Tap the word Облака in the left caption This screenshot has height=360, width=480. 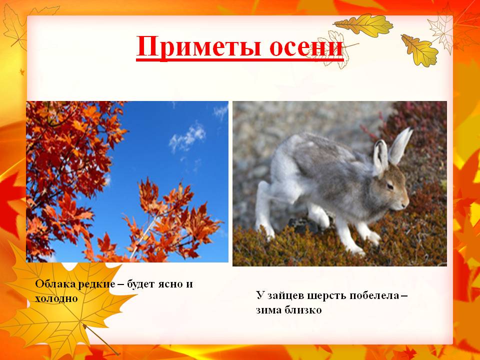[55, 284]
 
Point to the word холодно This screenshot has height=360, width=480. [56, 298]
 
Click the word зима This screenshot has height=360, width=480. [269, 310]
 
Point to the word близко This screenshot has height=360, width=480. [303, 310]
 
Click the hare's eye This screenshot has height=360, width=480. [390, 186]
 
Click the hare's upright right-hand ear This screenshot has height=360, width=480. [400, 145]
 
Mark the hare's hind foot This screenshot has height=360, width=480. [263, 225]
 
